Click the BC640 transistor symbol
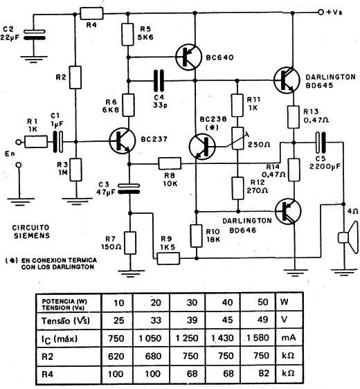point(188,57)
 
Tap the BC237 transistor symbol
point(123,141)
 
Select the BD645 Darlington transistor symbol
point(287,80)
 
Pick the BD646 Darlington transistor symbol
point(288,211)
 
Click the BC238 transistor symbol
point(202,146)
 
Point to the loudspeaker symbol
point(349,237)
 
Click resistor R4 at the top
point(91,13)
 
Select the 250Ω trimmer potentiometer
point(237,138)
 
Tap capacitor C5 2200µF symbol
point(321,143)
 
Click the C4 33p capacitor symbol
point(159,80)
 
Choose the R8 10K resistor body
point(170,163)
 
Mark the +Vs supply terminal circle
point(321,12)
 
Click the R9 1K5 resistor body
point(168,258)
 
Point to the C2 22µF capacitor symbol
point(35,35)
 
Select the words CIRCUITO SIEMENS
point(31,231)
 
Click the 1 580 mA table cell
point(258,338)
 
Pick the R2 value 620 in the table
point(116,356)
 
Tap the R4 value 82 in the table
point(263,373)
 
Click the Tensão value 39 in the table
point(192,320)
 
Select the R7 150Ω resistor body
point(130,243)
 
